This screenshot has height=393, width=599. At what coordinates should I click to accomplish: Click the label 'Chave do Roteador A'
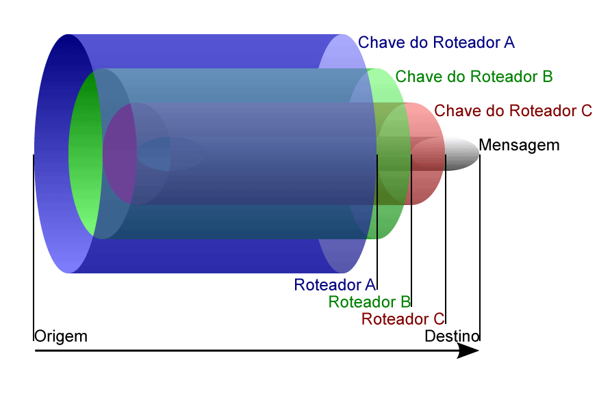click(x=436, y=42)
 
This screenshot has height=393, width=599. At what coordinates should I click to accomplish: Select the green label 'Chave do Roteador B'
click(x=474, y=77)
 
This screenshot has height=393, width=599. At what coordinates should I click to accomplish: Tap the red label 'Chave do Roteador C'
click(x=513, y=110)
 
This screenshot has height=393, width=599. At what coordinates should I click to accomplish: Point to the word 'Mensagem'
click(x=519, y=145)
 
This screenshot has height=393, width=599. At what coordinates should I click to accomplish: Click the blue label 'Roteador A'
click(x=335, y=284)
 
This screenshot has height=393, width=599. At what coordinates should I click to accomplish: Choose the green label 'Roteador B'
click(x=369, y=301)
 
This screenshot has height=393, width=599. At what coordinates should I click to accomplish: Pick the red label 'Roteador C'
click(x=403, y=319)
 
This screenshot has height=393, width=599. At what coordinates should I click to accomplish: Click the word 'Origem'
click(x=60, y=336)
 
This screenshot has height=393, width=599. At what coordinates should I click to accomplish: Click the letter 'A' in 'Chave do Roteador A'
click(x=509, y=42)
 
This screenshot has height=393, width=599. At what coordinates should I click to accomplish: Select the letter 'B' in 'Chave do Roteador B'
click(x=547, y=77)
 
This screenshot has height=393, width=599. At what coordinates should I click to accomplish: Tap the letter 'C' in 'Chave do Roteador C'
click(x=586, y=110)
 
